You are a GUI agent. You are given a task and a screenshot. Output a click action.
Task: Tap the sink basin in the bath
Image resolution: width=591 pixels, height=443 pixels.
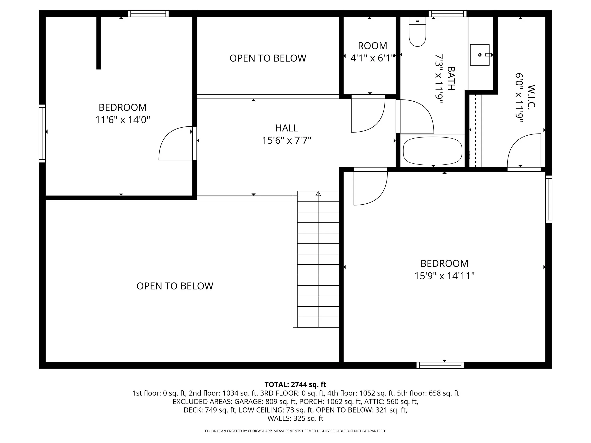click(x=480, y=55)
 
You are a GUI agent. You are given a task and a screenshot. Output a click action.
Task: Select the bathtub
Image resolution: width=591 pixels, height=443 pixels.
click(x=433, y=151)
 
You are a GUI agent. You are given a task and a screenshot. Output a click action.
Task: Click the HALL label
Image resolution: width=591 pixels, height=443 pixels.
click(x=287, y=128)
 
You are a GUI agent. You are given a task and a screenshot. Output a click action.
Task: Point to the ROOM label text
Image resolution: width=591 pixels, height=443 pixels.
click(x=372, y=46)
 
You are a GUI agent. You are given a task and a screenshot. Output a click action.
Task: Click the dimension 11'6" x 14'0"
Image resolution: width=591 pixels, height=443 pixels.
click(x=123, y=120)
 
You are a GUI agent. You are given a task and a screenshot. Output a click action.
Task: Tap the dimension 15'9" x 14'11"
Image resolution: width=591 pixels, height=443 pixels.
click(x=444, y=275)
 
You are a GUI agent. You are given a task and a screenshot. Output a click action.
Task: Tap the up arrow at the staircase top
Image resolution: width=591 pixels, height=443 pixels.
click(x=318, y=194)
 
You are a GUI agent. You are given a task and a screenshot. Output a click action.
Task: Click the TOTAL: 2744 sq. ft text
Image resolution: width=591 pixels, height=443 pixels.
click(x=295, y=384)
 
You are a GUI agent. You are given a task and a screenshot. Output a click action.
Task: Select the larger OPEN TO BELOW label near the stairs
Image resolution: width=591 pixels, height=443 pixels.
click(x=175, y=286)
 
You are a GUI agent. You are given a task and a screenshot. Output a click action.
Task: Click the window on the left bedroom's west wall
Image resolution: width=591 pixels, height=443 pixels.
click(x=42, y=133)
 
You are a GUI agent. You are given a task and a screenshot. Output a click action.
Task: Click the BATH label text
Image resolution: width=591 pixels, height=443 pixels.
click(x=451, y=78)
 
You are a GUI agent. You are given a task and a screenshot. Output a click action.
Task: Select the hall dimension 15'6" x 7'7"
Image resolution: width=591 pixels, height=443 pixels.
click(x=287, y=140)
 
